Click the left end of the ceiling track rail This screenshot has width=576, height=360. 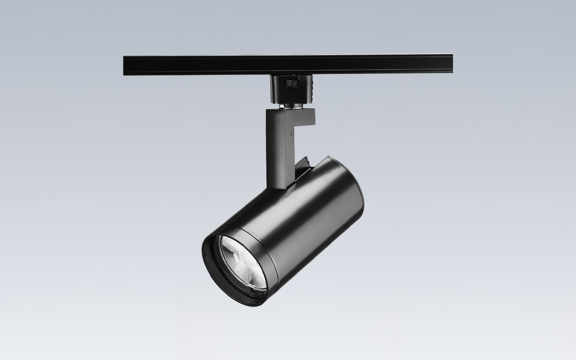click(126, 65)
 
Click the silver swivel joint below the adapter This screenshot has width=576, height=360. click(291, 106)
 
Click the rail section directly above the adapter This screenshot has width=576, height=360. click(291, 64)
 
